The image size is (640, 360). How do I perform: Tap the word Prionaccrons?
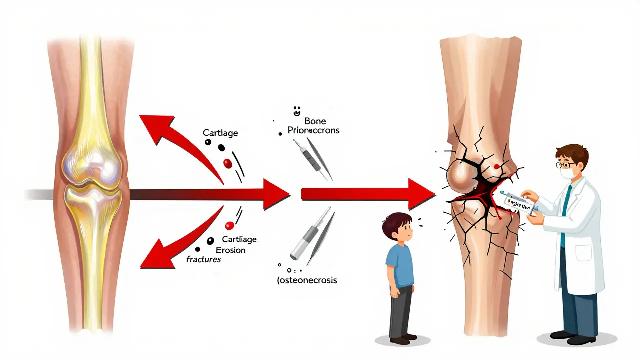[x=313, y=130]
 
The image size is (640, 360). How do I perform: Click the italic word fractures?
[x=203, y=260]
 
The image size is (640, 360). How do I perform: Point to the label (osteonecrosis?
[x=307, y=280]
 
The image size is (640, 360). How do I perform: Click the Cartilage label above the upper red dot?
[x=220, y=133]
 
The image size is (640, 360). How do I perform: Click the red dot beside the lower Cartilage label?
[x=230, y=225]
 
